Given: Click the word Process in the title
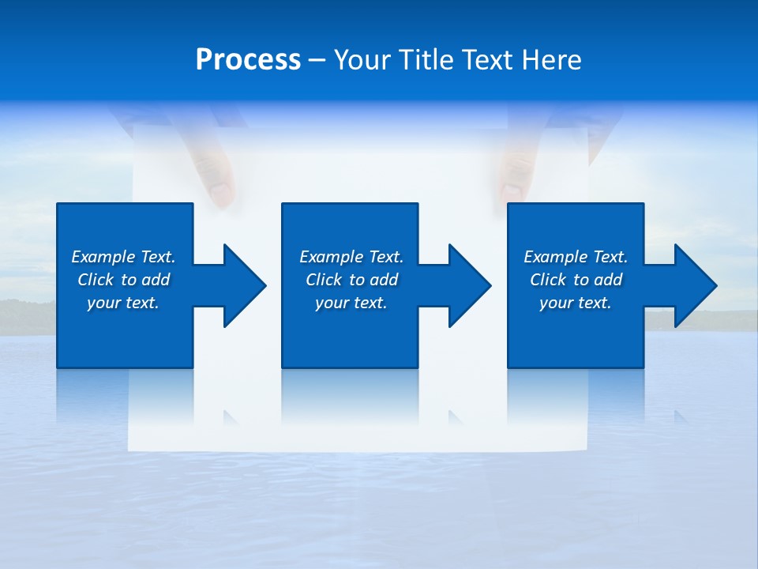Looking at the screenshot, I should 248,60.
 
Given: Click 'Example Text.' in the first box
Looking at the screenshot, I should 123,257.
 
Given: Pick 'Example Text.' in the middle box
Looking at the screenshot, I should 351,257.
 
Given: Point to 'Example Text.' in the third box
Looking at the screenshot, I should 576,257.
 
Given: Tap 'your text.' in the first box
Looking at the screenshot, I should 123,303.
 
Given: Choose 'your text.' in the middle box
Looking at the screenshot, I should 351,303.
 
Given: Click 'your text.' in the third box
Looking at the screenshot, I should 576,303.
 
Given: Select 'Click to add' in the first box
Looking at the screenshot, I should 123,280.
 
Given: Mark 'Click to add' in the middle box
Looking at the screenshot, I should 351,280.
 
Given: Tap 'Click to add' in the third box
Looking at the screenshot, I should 576,280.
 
